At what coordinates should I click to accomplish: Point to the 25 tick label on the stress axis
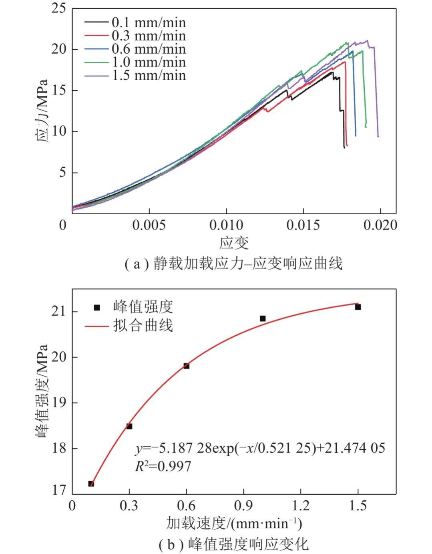click(x=58, y=8)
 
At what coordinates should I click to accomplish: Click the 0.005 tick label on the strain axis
click(x=149, y=225)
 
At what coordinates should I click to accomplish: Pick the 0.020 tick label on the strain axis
click(x=380, y=225)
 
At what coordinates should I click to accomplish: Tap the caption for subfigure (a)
click(x=234, y=264)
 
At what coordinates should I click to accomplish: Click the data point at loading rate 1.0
click(x=263, y=318)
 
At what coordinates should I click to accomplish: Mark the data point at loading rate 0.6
click(x=186, y=366)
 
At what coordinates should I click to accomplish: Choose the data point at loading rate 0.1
click(x=91, y=483)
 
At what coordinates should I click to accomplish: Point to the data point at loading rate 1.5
click(x=358, y=307)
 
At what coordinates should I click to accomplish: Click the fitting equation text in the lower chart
click(x=260, y=448)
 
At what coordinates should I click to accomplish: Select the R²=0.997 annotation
click(x=163, y=466)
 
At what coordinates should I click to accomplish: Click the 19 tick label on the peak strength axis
click(x=58, y=403)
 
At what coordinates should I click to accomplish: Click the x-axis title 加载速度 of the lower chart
click(x=234, y=523)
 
